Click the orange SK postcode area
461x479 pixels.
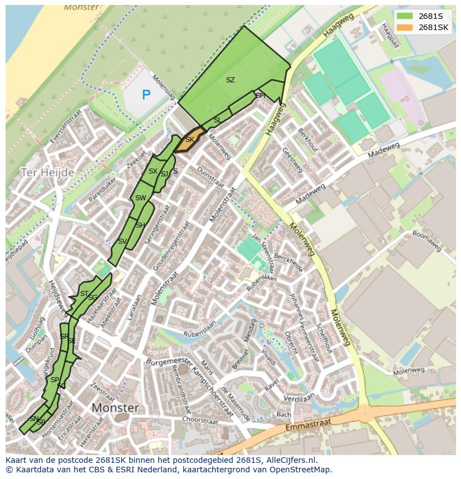(x=188, y=141)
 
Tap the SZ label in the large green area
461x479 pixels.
(x=230, y=80)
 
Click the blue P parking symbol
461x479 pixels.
(x=146, y=95)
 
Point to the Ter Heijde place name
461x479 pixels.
(x=47, y=172)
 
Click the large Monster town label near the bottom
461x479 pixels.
(x=115, y=408)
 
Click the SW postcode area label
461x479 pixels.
(x=140, y=198)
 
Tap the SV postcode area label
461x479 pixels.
(x=122, y=241)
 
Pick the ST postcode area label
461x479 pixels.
(x=84, y=294)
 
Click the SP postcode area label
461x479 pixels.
(x=55, y=380)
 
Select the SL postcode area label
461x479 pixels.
(x=217, y=120)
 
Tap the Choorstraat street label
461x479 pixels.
(x=199, y=418)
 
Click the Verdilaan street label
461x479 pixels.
(x=299, y=398)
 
